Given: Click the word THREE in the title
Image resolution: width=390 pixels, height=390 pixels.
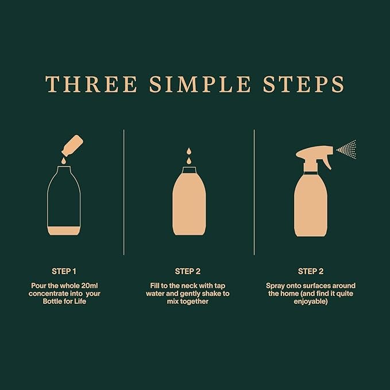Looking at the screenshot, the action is click(x=91, y=84).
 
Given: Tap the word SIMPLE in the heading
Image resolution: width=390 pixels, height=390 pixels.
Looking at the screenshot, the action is click(x=200, y=84).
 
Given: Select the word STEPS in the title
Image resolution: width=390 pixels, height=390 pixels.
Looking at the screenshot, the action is click(x=304, y=84).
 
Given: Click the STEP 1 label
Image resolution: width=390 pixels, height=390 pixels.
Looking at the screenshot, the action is click(x=64, y=271).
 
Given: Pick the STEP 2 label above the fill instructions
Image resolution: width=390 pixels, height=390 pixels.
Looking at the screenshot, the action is click(x=188, y=271).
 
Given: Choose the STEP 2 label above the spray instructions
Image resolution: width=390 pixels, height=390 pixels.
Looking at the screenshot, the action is click(x=311, y=271).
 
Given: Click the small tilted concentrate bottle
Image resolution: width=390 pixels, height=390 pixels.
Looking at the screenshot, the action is click(x=72, y=146).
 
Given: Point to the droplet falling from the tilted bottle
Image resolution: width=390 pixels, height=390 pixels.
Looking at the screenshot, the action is click(x=64, y=161).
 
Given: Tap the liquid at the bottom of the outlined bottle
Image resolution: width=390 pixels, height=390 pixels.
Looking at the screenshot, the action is click(x=64, y=231).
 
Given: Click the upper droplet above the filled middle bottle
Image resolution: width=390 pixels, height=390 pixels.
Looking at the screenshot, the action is click(x=189, y=151).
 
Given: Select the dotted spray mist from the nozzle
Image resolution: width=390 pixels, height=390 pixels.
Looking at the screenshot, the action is click(x=346, y=149).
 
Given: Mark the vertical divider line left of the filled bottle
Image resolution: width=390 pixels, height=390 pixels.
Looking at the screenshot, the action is click(x=124, y=192).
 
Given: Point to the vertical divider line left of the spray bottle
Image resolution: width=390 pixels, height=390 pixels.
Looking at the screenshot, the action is click(x=254, y=192).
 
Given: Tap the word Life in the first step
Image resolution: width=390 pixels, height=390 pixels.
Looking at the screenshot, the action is click(x=80, y=301).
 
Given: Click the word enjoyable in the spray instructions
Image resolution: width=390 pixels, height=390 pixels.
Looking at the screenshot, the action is click(x=311, y=302).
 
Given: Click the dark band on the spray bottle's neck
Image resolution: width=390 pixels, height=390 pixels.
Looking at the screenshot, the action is click(x=311, y=173).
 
